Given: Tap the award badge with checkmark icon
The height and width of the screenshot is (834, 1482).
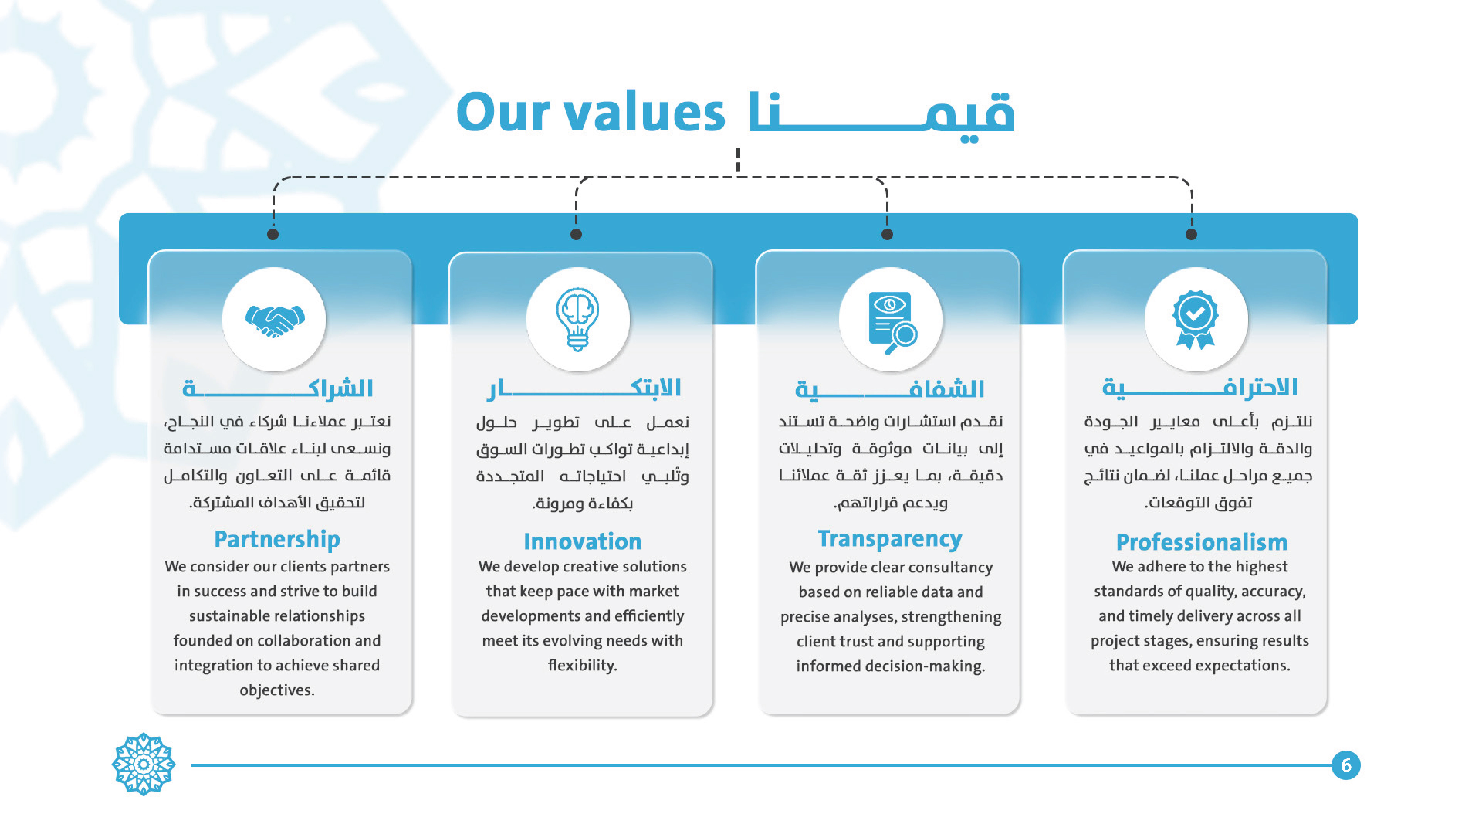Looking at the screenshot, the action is click(x=1195, y=320).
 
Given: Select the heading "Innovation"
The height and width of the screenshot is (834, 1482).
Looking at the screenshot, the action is click(x=582, y=542).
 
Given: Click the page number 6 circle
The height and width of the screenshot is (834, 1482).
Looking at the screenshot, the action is click(x=1346, y=765).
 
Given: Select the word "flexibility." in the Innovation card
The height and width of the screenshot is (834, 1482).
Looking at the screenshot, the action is click(x=582, y=665).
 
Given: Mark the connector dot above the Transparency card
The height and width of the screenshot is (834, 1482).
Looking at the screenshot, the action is click(x=887, y=234).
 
